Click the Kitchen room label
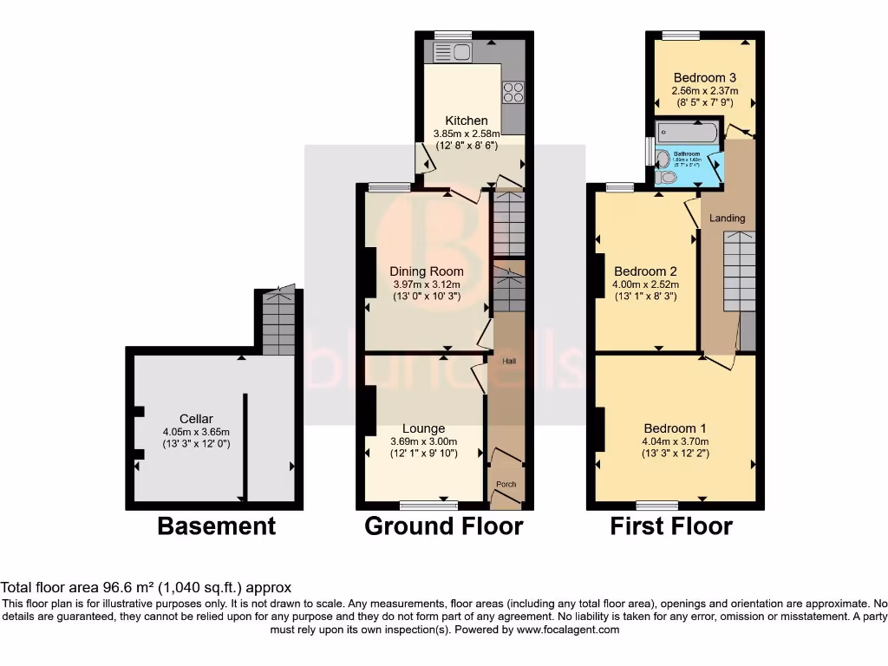coord(467,121)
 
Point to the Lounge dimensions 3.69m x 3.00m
coord(423,441)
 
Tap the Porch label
coord(506,484)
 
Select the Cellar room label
coord(196,419)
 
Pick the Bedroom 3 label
coord(704,77)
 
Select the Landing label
coord(727,218)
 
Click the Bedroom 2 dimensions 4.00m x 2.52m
coord(645,284)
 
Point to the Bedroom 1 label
coord(675,428)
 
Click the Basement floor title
coord(216,526)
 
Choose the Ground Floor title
coord(443,526)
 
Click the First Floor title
coord(671,526)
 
